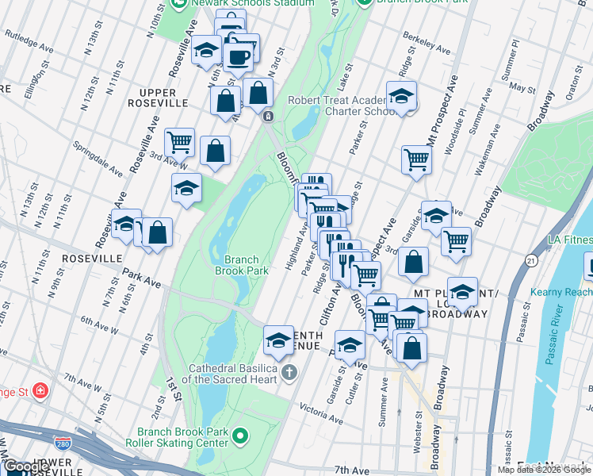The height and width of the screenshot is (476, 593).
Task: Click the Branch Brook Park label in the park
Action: click(x=242, y=264)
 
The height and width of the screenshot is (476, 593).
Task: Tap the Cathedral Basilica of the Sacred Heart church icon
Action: click(x=290, y=372)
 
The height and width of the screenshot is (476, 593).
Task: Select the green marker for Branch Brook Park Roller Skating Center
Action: click(x=243, y=436)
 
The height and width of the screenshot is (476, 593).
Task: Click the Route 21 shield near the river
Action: click(x=530, y=259)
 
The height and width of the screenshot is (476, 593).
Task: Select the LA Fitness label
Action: click(x=569, y=240)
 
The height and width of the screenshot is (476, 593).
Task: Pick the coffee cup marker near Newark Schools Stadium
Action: click(x=239, y=56)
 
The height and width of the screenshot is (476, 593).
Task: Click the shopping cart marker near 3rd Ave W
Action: click(x=180, y=143)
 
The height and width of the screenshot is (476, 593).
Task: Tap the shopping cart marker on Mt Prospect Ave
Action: click(x=416, y=159)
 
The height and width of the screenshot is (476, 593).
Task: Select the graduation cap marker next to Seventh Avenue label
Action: click(x=278, y=340)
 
